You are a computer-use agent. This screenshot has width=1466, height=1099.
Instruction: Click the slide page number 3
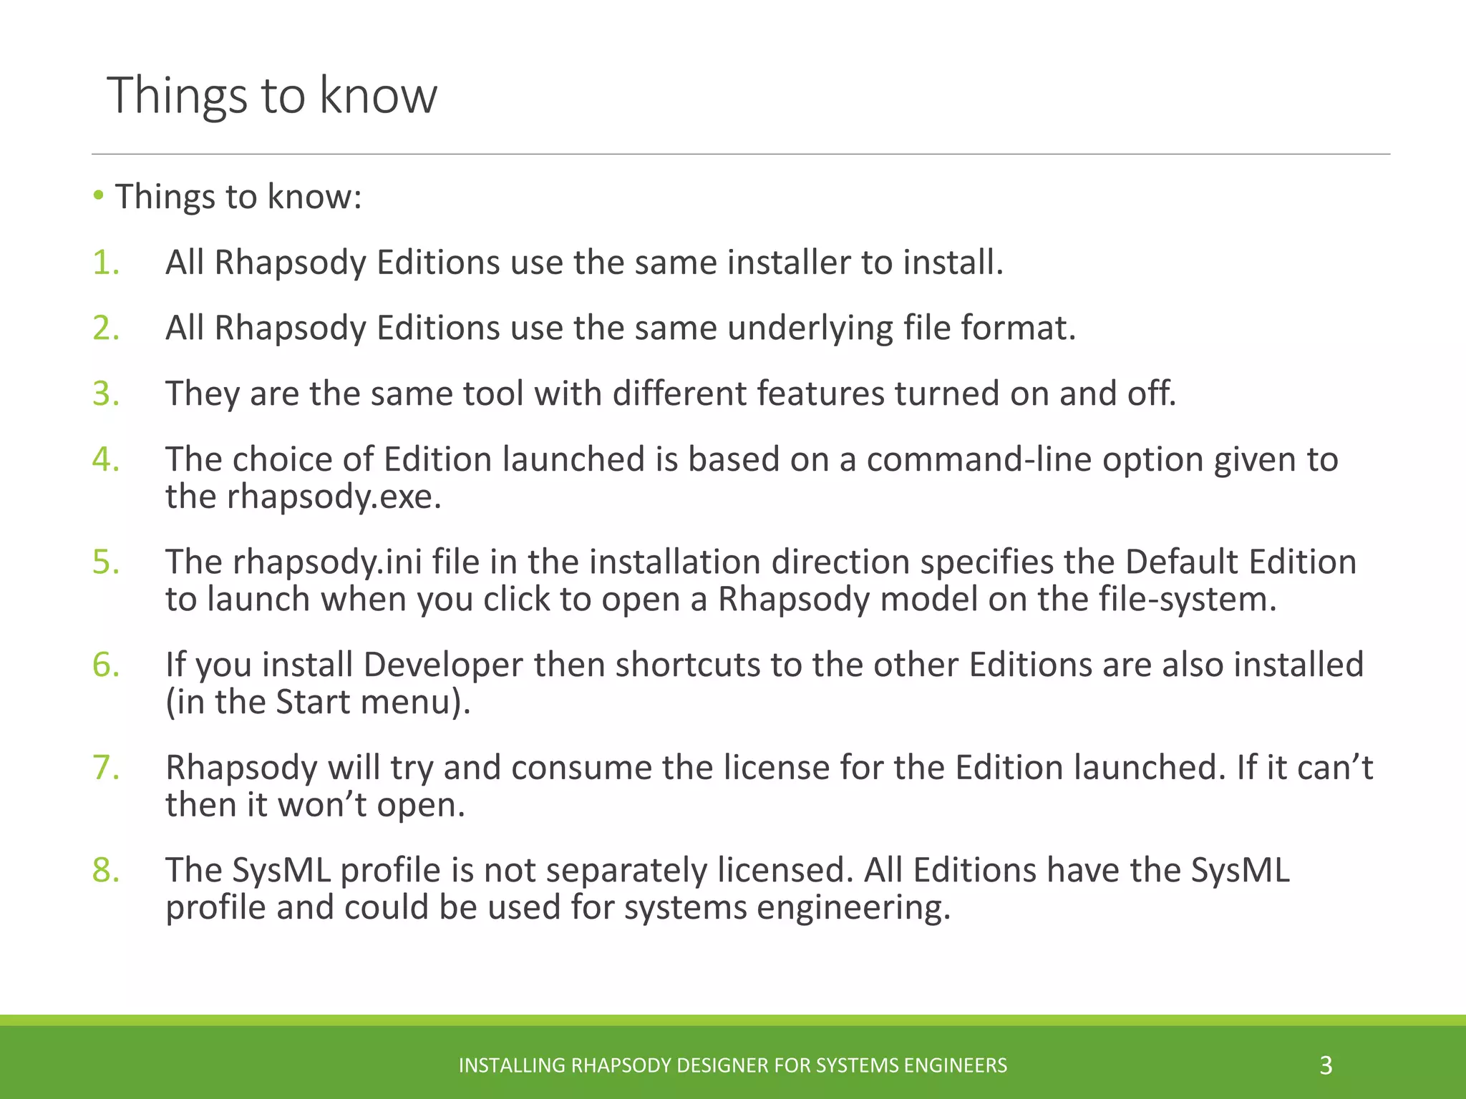point(1326,1065)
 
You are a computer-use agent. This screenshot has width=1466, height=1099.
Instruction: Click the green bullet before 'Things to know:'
point(99,195)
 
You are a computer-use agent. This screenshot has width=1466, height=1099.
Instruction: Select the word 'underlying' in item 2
point(810,328)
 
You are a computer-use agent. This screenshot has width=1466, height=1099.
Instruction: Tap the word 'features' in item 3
point(820,394)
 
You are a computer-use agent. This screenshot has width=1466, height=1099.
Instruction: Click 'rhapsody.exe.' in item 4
point(334,497)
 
